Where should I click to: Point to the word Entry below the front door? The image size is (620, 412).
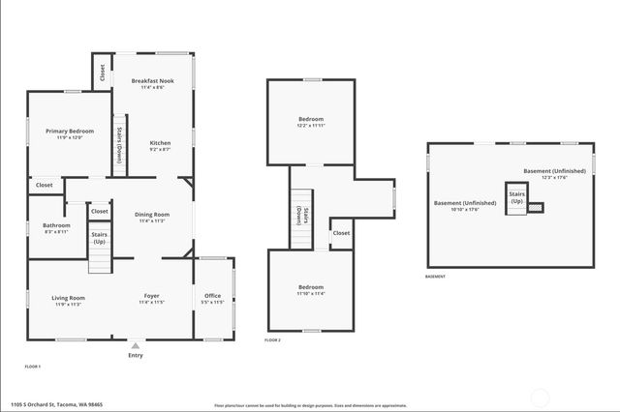136,355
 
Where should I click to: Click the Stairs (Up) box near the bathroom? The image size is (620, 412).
100,237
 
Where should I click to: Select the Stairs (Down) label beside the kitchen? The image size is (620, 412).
119,145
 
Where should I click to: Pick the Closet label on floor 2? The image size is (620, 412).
341,233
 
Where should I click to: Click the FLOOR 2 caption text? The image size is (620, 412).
273,340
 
